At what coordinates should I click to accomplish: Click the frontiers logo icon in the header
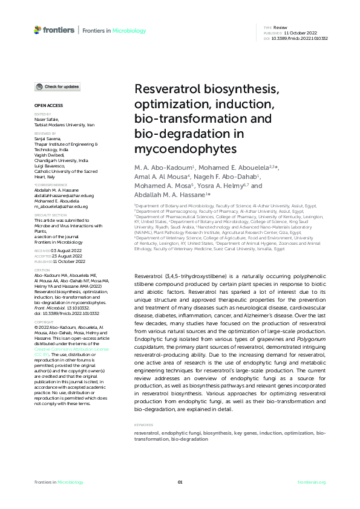tap(38, 30)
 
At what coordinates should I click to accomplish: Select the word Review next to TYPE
tap(280, 28)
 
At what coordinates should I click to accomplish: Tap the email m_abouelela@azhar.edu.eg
tap(59, 206)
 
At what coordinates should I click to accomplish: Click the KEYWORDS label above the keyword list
tap(143, 408)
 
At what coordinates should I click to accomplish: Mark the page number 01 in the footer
tap(180, 482)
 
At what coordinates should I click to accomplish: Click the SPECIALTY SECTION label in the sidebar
tap(50, 215)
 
